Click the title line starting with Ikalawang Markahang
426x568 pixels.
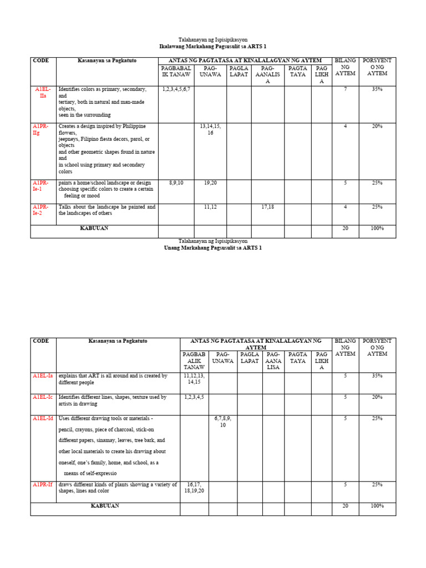pyautogui.click(x=213, y=47)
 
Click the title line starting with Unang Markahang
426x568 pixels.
pyautogui.click(x=213, y=248)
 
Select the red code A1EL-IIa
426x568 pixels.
pyautogui.click(x=43, y=92)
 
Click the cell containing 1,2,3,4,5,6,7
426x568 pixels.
pyautogui.click(x=176, y=89)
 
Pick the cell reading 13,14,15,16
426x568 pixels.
pyautogui.click(x=210, y=129)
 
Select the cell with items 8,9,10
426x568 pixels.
pyautogui.click(x=176, y=182)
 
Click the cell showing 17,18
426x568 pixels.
pyautogui.click(x=267, y=206)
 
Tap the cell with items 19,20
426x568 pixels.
pyautogui.click(x=210, y=182)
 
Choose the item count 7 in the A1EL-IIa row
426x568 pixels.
pyautogui.click(x=345, y=89)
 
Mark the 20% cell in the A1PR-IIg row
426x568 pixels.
pyautogui.click(x=377, y=126)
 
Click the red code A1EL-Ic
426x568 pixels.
pyautogui.click(x=43, y=397)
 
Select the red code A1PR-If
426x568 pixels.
pyautogui.click(x=42, y=484)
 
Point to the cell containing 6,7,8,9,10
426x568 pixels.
pyautogui.click(x=222, y=422)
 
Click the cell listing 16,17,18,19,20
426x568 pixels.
pyautogui.click(x=195, y=488)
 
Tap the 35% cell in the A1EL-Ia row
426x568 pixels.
pyautogui.click(x=377, y=376)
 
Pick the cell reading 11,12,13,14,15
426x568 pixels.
pyautogui.click(x=195, y=379)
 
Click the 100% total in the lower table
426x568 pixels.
pyautogui.click(x=377, y=506)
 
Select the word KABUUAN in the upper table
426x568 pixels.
pyautogui.click(x=94, y=228)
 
